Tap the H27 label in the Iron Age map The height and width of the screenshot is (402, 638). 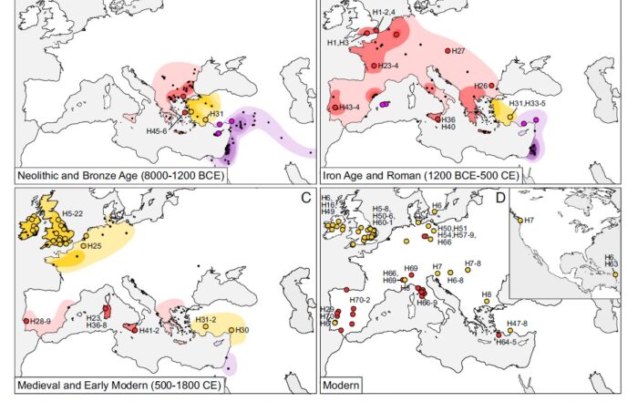tap(459, 51)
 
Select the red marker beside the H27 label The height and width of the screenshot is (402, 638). tap(448, 51)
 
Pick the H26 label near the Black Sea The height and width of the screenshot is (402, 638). tap(479, 86)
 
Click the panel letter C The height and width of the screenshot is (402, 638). tap(307, 195)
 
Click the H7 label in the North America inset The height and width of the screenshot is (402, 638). tap(529, 220)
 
